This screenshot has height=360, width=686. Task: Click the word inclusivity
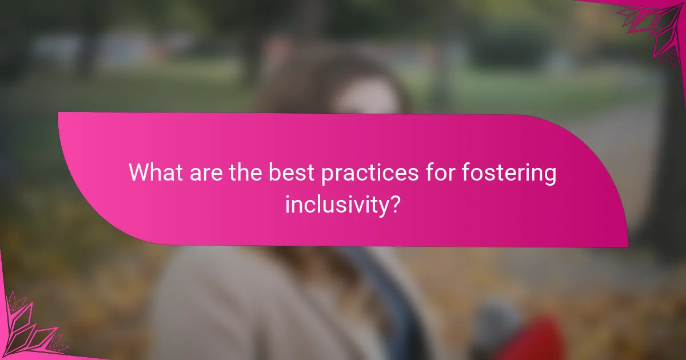tap(334, 205)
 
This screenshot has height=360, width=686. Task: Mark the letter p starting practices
tap(329, 175)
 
